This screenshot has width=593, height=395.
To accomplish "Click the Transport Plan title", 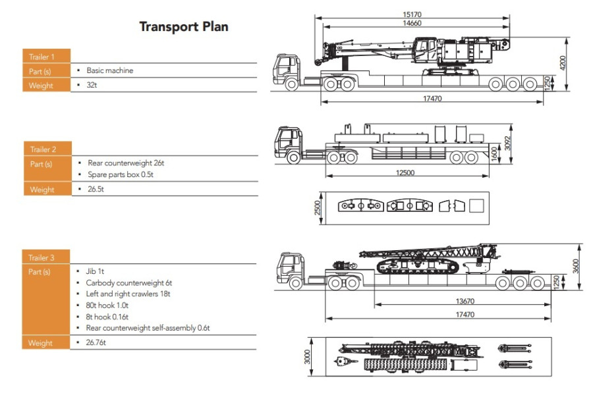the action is click(x=184, y=26).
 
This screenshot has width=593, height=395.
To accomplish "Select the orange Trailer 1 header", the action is click(x=47, y=56).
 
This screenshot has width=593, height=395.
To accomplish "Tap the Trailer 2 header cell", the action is click(x=47, y=149).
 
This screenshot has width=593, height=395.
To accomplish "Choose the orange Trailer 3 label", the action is click(x=45, y=257).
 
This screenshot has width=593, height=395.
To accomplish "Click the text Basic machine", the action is click(x=109, y=70).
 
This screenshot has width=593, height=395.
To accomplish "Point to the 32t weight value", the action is click(x=92, y=85).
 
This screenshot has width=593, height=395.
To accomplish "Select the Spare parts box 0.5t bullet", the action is click(x=121, y=174).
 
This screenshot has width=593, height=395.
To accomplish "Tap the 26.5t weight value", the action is click(x=96, y=189).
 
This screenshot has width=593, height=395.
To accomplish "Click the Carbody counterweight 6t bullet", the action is click(x=128, y=282).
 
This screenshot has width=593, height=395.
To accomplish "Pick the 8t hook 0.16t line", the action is click(x=107, y=317).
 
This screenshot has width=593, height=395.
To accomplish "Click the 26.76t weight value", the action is click(x=96, y=342).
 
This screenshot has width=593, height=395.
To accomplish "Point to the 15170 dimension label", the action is click(x=412, y=14).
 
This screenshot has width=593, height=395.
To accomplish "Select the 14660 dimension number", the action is click(x=412, y=23).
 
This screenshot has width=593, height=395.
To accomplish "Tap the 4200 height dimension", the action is click(x=563, y=63).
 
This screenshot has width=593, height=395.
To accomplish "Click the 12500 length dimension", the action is click(x=405, y=172).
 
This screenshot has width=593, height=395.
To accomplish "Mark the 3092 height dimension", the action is click(x=507, y=144).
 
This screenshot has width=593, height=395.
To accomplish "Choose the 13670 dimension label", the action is click(x=465, y=301).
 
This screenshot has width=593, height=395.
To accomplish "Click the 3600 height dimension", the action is click(x=576, y=266).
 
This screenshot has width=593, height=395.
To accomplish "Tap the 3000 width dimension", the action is click(x=307, y=357).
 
